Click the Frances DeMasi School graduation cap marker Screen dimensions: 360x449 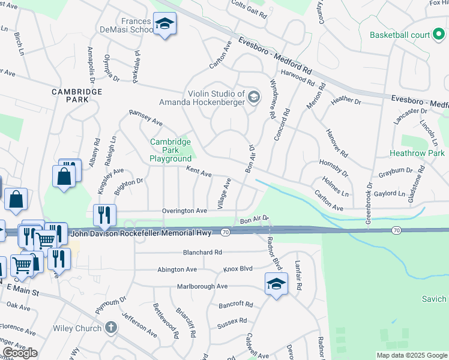pos(164,25)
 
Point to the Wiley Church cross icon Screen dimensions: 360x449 pos(110,328)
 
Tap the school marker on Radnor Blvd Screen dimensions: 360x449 pos(276,283)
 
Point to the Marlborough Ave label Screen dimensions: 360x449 pos(202,287)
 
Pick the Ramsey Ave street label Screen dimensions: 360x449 pos(146,118)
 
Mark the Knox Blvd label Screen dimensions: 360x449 pos(238,269)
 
